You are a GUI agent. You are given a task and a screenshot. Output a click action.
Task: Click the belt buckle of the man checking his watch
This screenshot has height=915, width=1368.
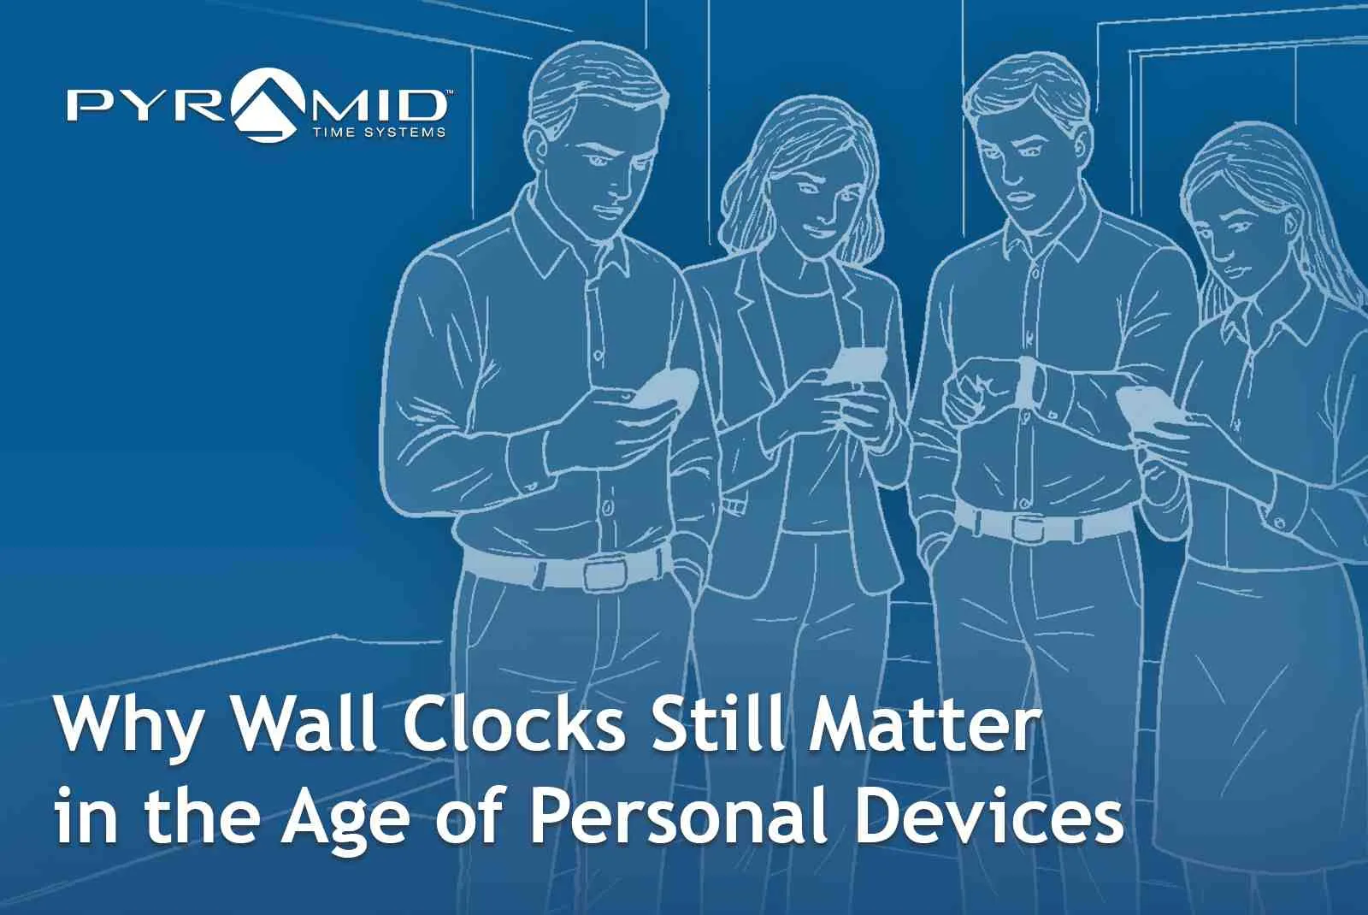coord(1029,524)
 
